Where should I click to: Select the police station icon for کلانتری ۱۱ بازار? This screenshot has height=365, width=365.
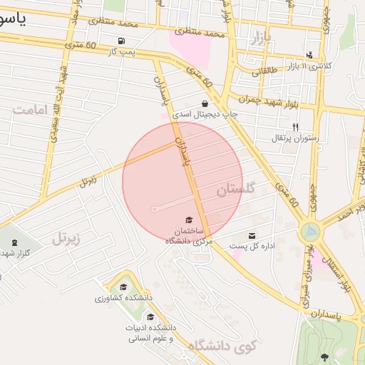[x=309, y=55]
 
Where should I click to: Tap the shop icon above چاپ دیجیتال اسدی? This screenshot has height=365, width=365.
[x=205, y=103]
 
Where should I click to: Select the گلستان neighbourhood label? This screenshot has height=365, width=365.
[x=235, y=190]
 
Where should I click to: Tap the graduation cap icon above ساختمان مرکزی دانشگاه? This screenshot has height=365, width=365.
[x=189, y=220]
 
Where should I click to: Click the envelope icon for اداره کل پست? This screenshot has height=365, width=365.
[x=252, y=236]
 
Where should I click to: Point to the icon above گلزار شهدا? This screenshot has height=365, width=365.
[x=14, y=242]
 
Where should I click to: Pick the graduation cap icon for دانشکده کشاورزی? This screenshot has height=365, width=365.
[x=127, y=286]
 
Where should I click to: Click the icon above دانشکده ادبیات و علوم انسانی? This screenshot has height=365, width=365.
[x=150, y=317]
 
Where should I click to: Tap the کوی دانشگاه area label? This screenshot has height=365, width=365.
[x=221, y=347]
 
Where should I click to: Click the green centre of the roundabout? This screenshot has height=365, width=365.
[x=311, y=232]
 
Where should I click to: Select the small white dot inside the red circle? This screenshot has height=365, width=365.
[x=154, y=209]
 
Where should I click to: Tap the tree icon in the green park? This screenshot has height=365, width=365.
[x=324, y=356]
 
